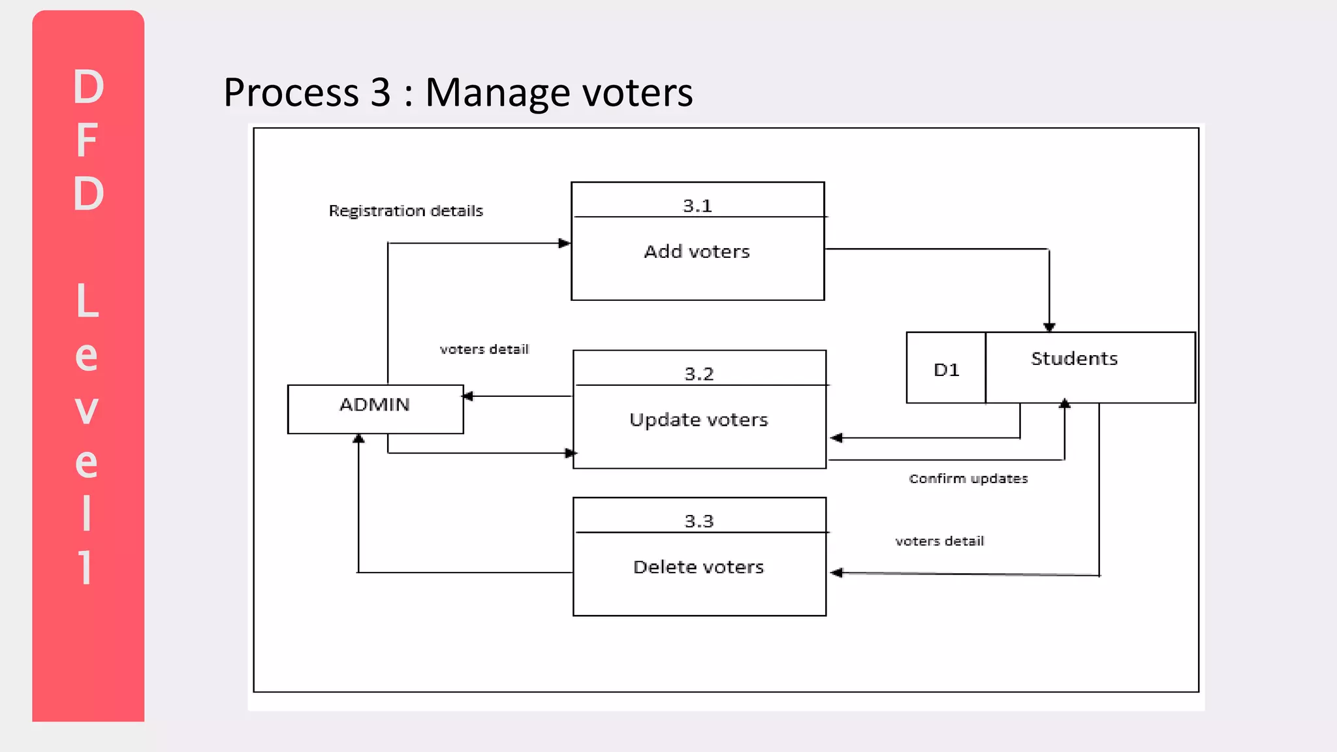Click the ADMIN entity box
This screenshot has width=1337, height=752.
point(375,409)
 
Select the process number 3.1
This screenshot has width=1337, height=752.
point(697,206)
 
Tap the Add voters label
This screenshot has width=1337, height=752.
point(697,252)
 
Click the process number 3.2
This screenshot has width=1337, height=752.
point(699,375)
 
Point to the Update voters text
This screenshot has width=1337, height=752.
point(699,420)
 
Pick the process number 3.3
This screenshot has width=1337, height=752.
point(699,522)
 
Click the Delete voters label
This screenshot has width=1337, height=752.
point(699,567)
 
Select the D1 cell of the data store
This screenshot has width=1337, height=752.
point(946,370)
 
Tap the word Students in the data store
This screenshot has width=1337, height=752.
point(1074,359)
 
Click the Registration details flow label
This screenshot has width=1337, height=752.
point(405,211)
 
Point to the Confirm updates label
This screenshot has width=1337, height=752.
point(968,478)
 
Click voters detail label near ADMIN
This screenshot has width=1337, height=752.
point(484,349)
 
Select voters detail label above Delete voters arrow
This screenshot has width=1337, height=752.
point(939,541)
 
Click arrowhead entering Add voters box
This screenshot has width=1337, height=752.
point(565,243)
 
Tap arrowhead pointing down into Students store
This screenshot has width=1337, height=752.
point(1049,326)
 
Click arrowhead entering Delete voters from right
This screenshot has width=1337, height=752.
point(836,572)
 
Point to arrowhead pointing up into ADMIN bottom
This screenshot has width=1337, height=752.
point(358,439)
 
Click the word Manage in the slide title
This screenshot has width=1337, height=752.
point(499,93)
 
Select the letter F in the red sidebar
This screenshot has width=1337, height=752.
point(87,140)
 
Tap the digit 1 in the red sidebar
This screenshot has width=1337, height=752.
point(86,567)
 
